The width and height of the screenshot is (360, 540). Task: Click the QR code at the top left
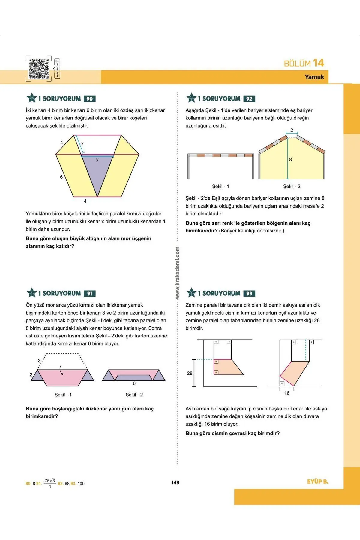39,68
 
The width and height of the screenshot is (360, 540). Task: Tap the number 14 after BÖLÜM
318,63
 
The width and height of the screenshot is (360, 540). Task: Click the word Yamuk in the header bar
314,77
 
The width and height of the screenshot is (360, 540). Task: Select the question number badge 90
89,99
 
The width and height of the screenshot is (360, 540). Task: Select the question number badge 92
249,99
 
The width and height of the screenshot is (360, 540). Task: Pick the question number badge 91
89,294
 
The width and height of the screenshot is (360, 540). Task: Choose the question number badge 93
249,294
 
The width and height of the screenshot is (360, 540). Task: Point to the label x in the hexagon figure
82,144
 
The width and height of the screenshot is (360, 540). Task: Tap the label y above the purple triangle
97,160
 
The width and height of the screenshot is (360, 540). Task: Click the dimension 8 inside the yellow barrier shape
290,160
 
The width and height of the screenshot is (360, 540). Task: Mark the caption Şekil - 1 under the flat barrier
220,187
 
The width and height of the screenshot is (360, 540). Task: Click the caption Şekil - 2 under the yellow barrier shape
292,187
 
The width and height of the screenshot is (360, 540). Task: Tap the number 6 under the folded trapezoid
134,383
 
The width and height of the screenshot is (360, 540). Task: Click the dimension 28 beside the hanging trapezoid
190,373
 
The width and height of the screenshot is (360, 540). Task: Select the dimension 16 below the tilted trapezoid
287,393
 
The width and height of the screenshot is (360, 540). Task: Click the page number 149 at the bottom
175,482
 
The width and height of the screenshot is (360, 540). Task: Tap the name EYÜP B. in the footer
318,481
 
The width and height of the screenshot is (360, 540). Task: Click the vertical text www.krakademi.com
178,273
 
